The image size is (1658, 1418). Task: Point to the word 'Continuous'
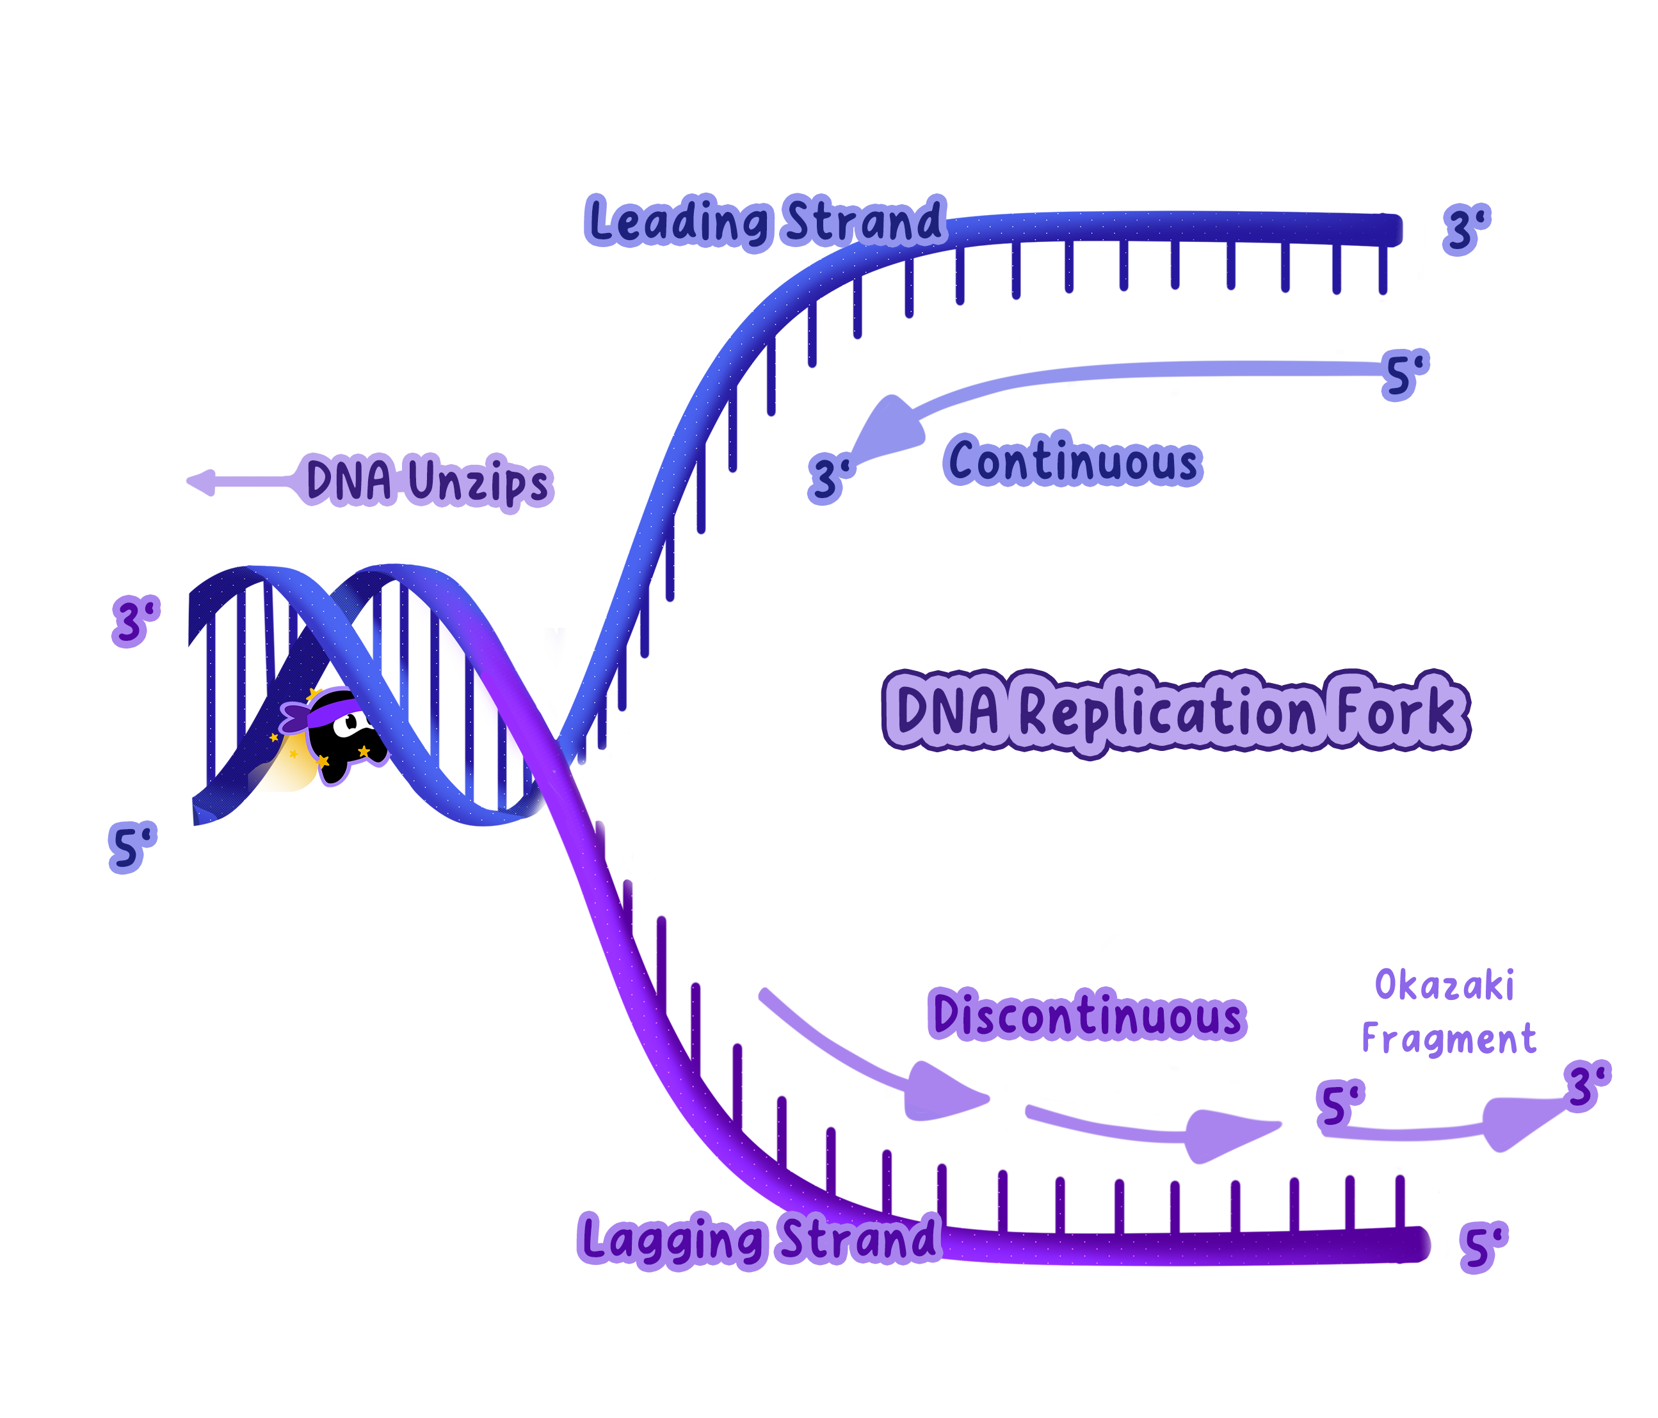[1072, 462]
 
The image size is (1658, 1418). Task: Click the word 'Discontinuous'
[1088, 1017]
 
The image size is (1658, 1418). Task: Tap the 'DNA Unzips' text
[429, 481]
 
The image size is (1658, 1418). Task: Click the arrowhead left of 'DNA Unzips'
[200, 481]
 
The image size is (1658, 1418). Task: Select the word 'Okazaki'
[1444, 985]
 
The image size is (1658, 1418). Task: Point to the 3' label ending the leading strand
[1467, 230]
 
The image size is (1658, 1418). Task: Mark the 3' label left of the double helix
[136, 621]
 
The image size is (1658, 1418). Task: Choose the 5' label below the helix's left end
[132, 848]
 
